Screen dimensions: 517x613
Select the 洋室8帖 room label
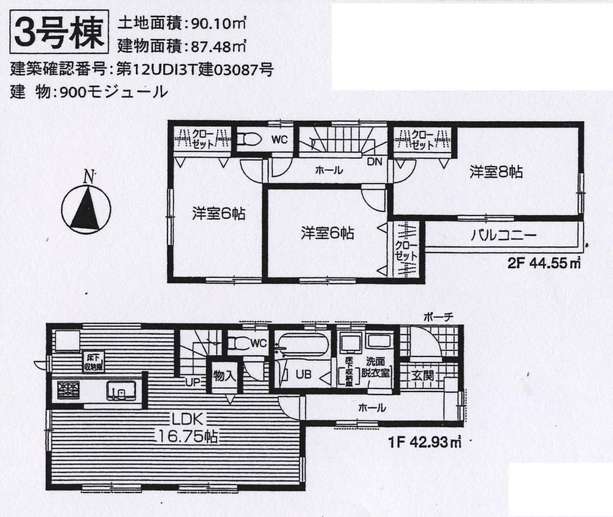coord(496,172)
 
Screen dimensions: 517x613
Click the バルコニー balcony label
coord(504,235)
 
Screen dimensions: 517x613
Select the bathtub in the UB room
coord(301,345)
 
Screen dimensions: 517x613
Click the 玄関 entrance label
coord(422,375)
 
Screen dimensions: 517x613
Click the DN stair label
coord(375,163)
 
